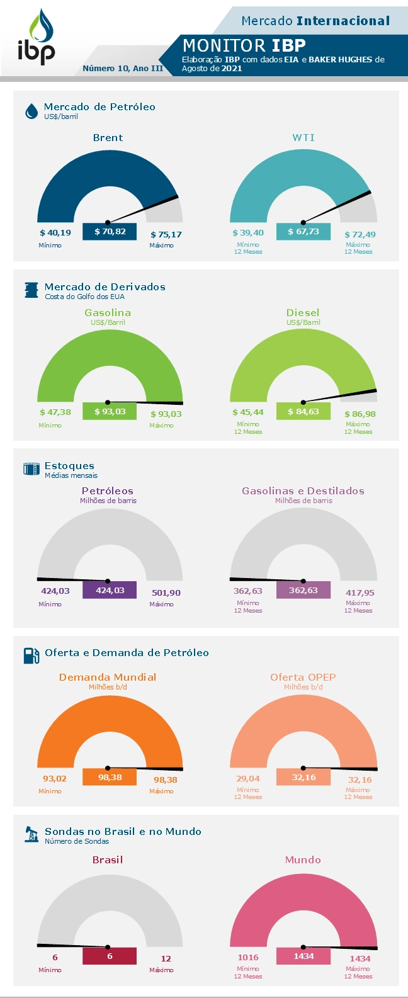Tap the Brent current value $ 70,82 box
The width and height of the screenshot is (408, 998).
pyautogui.click(x=110, y=232)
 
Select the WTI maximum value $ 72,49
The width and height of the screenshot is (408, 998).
pyautogui.click(x=360, y=235)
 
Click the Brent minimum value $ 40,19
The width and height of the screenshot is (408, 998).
pyautogui.click(x=55, y=233)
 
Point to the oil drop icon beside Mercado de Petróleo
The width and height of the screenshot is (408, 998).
pyautogui.click(x=31, y=111)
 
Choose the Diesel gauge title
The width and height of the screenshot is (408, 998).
pyautogui.click(x=303, y=312)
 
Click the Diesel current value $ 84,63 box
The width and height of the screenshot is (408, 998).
pyautogui.click(x=303, y=412)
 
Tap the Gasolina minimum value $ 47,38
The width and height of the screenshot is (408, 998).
pyautogui.click(x=55, y=412)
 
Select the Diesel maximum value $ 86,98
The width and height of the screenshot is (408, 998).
pyautogui.click(x=360, y=414)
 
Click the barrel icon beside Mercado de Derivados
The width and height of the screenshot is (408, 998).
pyautogui.click(x=31, y=290)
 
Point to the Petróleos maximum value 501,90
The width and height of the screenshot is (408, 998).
pyautogui.click(x=166, y=593)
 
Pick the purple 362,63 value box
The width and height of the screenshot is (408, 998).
pyautogui.click(x=303, y=591)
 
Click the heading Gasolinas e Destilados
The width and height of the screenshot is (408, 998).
pyautogui.click(x=303, y=491)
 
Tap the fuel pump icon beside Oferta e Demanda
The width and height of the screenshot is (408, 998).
pyautogui.click(x=31, y=655)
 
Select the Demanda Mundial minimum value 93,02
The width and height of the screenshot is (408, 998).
pyautogui.click(x=55, y=779)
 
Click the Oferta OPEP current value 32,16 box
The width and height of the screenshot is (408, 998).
pyautogui.click(x=303, y=778)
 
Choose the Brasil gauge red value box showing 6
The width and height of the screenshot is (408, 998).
pyautogui.click(x=110, y=956)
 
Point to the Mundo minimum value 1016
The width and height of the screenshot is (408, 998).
pyautogui.click(x=248, y=958)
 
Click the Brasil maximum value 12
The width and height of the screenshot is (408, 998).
pyautogui.click(x=166, y=959)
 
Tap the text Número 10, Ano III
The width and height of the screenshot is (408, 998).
pyautogui.click(x=123, y=68)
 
